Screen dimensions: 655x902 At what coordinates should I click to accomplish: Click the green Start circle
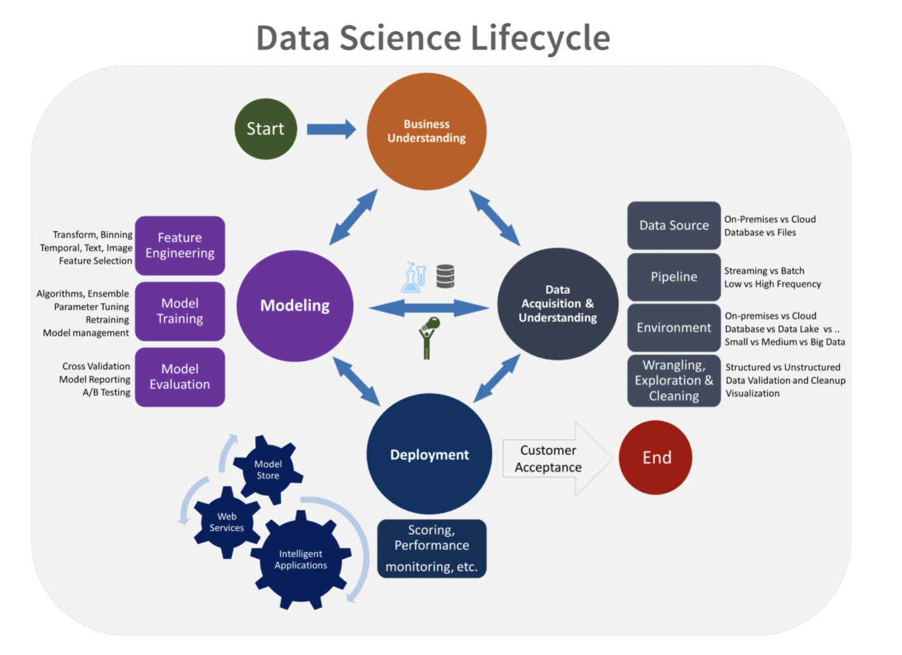coord(266,129)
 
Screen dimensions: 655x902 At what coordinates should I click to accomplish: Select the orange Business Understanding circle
coord(426,131)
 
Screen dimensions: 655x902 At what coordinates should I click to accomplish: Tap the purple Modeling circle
coord(295,306)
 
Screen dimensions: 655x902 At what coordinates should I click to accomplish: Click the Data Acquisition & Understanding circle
coord(557,304)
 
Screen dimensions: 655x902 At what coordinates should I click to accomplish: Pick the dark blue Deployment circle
coord(429,454)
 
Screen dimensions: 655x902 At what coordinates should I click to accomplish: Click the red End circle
coord(656,458)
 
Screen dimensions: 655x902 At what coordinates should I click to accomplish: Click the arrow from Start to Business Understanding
coord(331,129)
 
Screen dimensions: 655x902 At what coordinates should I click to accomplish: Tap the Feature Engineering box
coord(180,246)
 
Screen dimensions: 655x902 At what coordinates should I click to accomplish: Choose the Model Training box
coord(180,311)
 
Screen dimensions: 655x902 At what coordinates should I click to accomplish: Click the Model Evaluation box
coord(180,377)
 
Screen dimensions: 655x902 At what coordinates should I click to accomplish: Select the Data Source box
coord(674,225)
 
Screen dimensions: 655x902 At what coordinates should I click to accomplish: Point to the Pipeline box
coord(674,277)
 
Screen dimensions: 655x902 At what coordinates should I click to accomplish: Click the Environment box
coord(674,327)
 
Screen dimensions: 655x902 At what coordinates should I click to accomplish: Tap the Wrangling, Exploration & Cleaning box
coord(674,381)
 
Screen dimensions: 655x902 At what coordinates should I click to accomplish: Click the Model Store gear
coord(267,470)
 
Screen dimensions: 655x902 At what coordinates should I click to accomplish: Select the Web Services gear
coord(227,522)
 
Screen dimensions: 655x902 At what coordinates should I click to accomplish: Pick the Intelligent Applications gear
coord(300,560)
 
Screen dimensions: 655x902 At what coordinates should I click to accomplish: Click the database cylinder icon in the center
coord(445,277)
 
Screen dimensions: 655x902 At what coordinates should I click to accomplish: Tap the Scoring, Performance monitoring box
coord(431,548)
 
